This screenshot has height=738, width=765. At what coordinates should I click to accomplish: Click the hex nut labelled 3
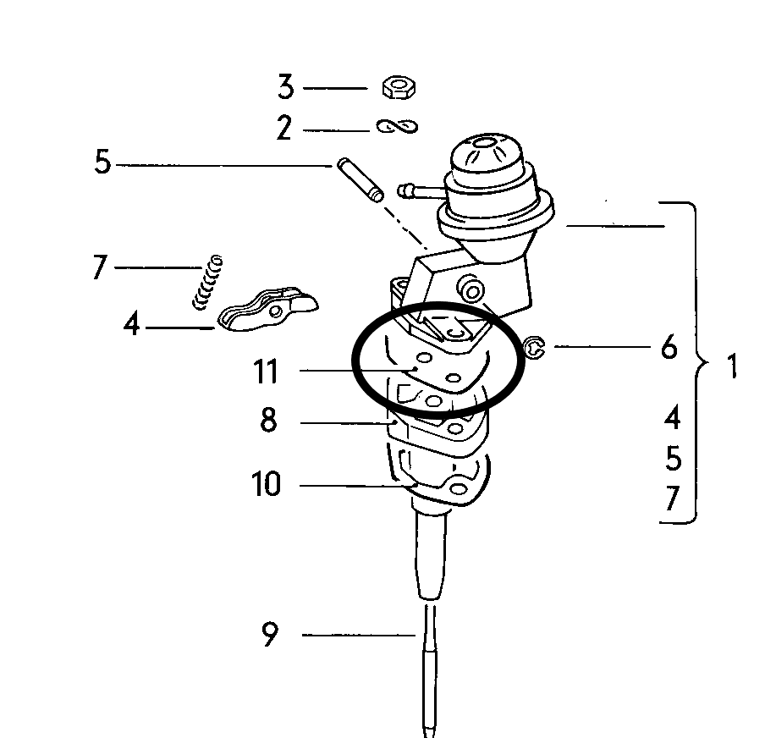click(x=399, y=87)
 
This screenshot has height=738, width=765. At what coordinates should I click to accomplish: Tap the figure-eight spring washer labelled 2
click(x=397, y=127)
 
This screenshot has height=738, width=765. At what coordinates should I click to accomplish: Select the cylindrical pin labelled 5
click(x=360, y=179)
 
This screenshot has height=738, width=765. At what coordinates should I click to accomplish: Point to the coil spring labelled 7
click(x=207, y=282)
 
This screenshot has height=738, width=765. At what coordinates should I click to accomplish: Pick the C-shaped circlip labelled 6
click(x=534, y=348)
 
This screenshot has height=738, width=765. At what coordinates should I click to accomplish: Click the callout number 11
click(x=266, y=371)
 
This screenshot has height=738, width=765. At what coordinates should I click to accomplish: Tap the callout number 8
click(x=268, y=420)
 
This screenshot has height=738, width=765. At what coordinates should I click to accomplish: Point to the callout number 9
click(x=270, y=634)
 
